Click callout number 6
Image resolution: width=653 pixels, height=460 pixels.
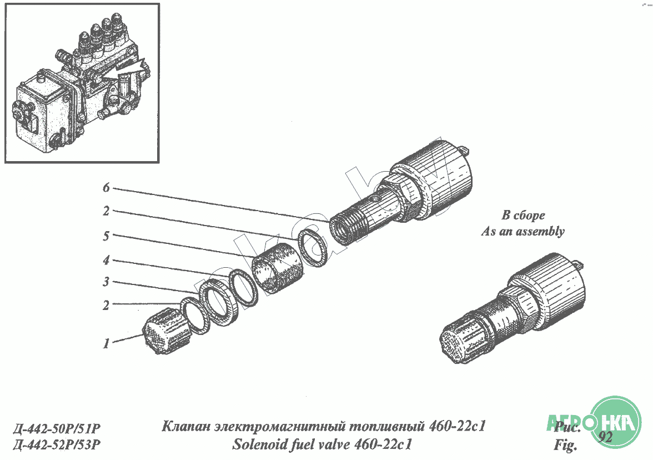coord(106,188)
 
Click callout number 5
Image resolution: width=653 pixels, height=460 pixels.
coord(106,236)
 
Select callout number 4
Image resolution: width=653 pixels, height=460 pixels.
coord(106,261)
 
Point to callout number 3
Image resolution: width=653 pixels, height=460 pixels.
coord(106,282)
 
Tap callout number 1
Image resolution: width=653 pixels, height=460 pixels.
coord(106,343)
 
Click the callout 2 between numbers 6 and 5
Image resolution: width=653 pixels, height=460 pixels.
coord(106,211)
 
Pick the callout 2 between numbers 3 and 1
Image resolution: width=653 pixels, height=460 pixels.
coord(106,305)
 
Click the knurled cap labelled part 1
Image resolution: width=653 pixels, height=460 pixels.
coord(165,331)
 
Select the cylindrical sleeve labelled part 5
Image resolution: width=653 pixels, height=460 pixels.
coord(278,268)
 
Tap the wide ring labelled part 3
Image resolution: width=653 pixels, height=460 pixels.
coord(218,302)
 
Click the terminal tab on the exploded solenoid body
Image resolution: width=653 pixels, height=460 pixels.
coord(464,148)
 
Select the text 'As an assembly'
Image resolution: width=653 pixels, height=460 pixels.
coord(523,231)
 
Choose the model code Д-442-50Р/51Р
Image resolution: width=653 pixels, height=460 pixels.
coord(57,428)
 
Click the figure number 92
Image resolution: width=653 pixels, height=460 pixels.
coord(605,437)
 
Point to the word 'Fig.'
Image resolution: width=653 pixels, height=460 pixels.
coord(565,446)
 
